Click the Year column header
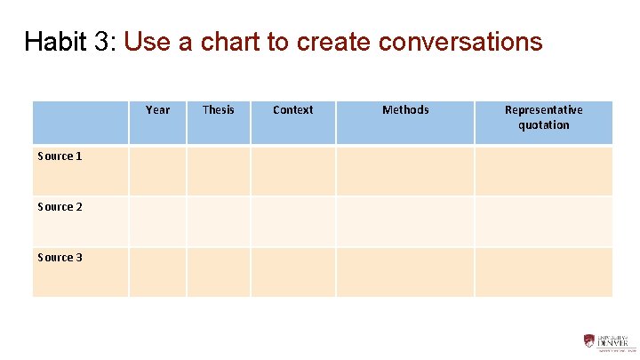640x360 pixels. point(157,110)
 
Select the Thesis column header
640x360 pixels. point(218,110)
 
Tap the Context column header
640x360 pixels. point(292,110)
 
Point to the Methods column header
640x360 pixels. point(405,110)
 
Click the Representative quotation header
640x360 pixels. point(543,117)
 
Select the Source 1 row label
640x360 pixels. point(60,156)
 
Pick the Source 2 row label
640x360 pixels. point(60,207)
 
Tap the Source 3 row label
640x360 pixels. point(60,258)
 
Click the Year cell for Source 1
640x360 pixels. point(157,171)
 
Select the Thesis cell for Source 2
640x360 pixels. point(218,221)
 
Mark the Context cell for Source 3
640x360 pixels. point(292,272)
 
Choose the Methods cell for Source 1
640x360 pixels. point(405,171)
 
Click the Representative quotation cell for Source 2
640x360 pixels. point(543,221)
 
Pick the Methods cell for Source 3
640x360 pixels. point(405,272)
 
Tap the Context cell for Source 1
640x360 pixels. point(292,171)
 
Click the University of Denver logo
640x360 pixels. point(609,341)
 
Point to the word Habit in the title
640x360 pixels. point(56,42)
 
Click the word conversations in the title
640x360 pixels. point(460,42)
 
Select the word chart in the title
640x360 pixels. point(234,42)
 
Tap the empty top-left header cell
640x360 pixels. point(81,123)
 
